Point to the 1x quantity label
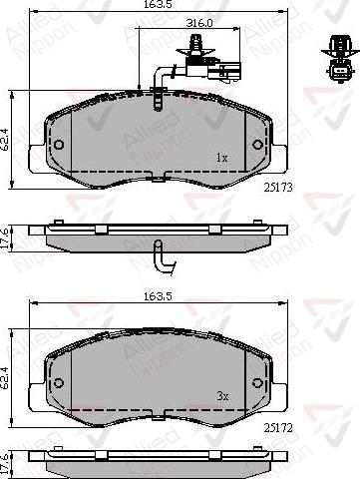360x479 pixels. (x=222, y=158)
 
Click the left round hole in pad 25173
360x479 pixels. (x=58, y=145)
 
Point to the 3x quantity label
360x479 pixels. (x=223, y=396)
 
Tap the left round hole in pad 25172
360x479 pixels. (x=58, y=383)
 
